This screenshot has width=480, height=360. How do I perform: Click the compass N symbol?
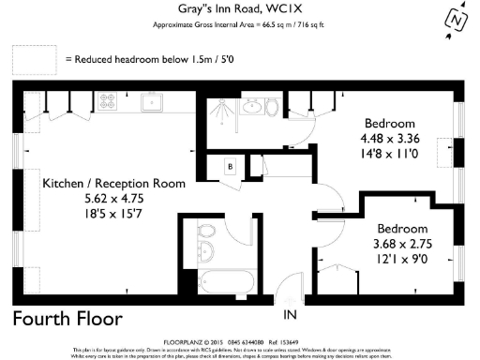tap(456, 20)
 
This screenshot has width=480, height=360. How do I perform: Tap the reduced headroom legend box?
tap(35, 59)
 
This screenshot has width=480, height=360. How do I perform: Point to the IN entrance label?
tap(292, 314)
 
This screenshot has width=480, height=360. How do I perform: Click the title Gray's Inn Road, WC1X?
tap(240, 9)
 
